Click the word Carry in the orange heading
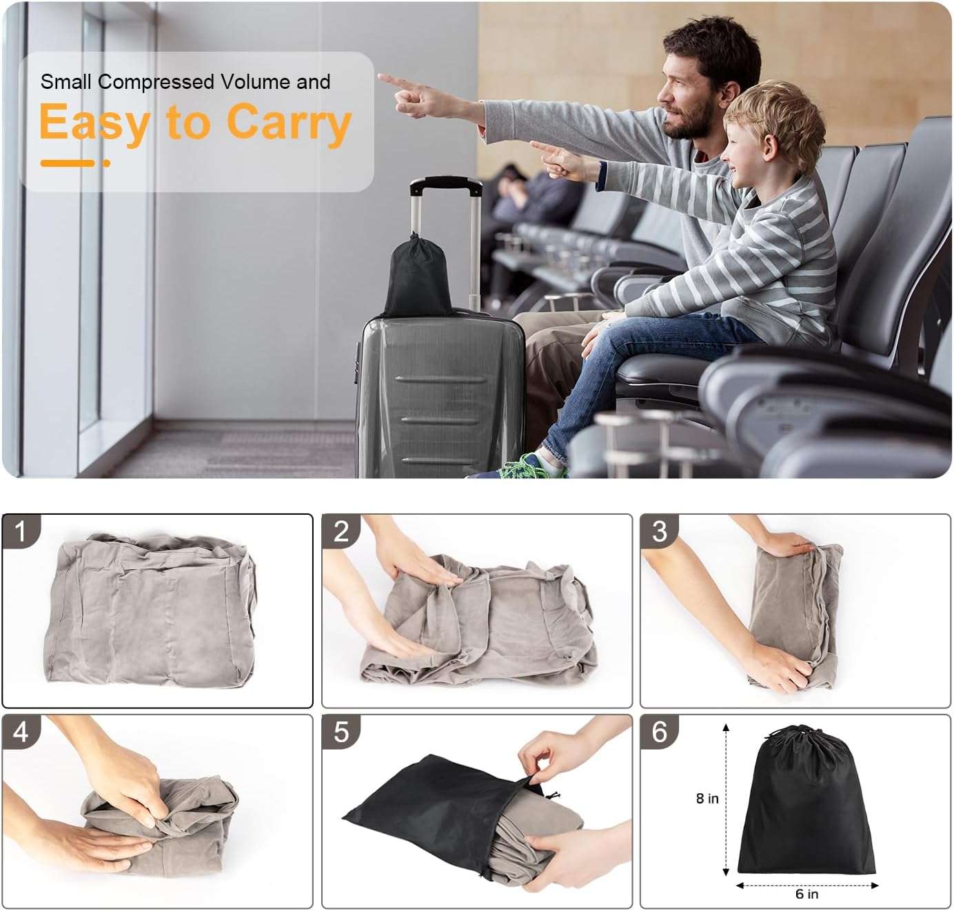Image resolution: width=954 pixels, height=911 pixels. click(x=289, y=123)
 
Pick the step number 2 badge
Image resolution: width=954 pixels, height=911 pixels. click(x=341, y=531)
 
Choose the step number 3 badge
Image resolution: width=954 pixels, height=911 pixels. click(x=660, y=531)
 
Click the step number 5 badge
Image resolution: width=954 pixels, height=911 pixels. click(x=341, y=732)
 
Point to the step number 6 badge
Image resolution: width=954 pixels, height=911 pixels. click(x=660, y=732)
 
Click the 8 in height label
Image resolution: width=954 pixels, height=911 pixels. click(x=707, y=798)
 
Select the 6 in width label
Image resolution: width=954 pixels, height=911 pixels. click(x=806, y=894)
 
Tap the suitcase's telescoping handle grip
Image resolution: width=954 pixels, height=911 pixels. click(x=445, y=185)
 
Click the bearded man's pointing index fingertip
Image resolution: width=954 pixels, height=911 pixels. click(x=381, y=78)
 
